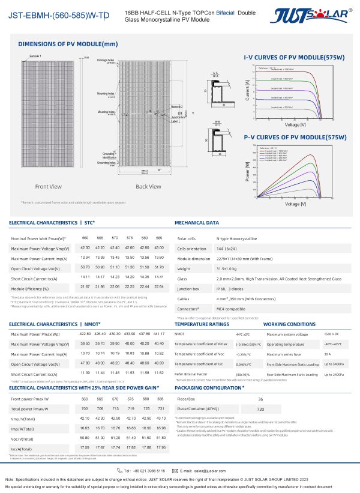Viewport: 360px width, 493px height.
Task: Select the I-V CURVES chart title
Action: click(x=294, y=57)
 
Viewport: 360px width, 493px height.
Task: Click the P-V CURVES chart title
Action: click(x=295, y=138)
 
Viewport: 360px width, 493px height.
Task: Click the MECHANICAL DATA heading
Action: click(x=196, y=223)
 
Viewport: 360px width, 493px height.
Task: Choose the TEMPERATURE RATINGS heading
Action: click(x=202, y=324)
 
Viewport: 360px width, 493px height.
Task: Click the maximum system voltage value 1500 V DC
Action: click(x=332, y=333)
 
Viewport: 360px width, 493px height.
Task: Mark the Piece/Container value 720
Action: click(x=260, y=408)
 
